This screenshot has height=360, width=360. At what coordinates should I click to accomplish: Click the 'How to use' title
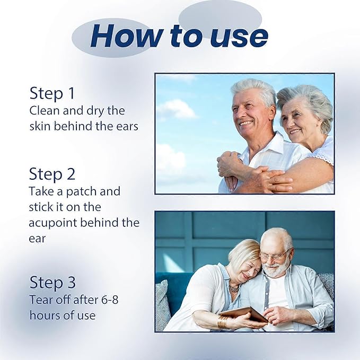point(179,36)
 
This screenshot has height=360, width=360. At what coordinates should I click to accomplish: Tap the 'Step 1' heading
point(52,93)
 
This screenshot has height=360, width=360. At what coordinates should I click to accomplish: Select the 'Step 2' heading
point(52,174)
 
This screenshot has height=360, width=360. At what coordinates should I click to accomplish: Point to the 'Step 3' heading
point(52,282)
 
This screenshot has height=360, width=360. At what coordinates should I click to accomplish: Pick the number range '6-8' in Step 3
point(110,300)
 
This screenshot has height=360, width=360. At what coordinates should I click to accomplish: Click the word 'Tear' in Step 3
point(41,300)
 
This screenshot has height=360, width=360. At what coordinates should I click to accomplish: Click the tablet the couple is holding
point(243,314)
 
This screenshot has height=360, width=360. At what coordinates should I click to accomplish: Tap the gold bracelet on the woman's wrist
point(223,322)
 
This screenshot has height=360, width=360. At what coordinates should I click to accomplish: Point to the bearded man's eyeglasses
point(275,256)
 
